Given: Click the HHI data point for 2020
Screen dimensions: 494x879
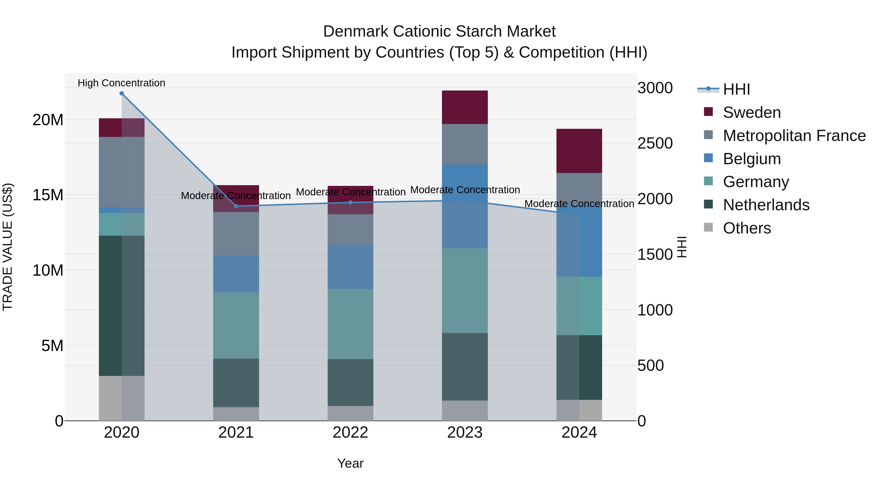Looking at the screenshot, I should coord(122,93).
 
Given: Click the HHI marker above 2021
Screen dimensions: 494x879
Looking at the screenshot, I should coord(236,206).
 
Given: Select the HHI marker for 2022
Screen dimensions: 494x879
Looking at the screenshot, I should coord(350,202).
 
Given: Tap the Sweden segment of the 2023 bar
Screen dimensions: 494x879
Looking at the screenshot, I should coord(465,107).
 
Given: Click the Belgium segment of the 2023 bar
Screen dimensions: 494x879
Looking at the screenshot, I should coord(465,206).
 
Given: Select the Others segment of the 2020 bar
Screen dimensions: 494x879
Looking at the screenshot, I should coord(122,398).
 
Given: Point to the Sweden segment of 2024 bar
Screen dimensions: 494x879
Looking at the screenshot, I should coord(579,151).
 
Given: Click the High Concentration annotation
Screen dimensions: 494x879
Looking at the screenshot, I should coord(122,83).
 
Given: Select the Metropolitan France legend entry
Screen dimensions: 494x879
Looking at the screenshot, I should coord(794,136).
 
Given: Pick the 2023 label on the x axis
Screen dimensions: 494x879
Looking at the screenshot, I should coord(465,433).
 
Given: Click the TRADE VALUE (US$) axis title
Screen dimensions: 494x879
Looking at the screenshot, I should coord(8,247).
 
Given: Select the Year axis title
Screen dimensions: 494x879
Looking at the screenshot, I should coord(350,463).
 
